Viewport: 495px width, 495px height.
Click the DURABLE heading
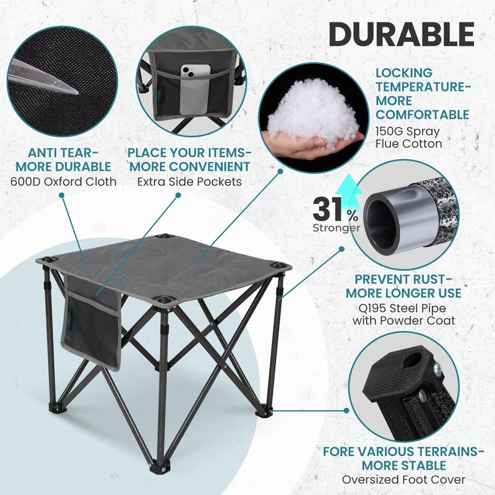click(401, 34)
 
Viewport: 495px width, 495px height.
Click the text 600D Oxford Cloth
click(63, 181)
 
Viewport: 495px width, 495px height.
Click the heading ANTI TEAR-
click(63, 152)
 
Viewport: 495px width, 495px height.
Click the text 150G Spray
click(408, 131)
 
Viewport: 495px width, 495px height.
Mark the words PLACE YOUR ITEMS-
click(189, 152)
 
